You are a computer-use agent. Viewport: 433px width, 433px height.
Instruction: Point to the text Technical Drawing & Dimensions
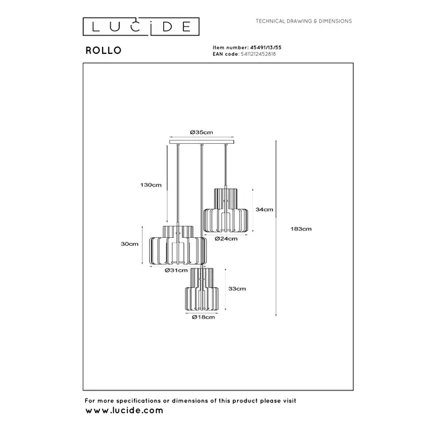click(304, 22)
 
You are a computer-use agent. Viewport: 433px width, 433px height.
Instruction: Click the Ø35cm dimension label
click(201, 133)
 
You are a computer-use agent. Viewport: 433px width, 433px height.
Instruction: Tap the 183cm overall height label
click(302, 228)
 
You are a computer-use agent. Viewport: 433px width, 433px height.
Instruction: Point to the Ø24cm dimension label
click(226, 238)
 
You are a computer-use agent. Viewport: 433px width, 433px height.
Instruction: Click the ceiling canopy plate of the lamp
click(201, 142)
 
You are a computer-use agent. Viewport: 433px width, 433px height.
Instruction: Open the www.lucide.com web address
click(124, 411)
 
